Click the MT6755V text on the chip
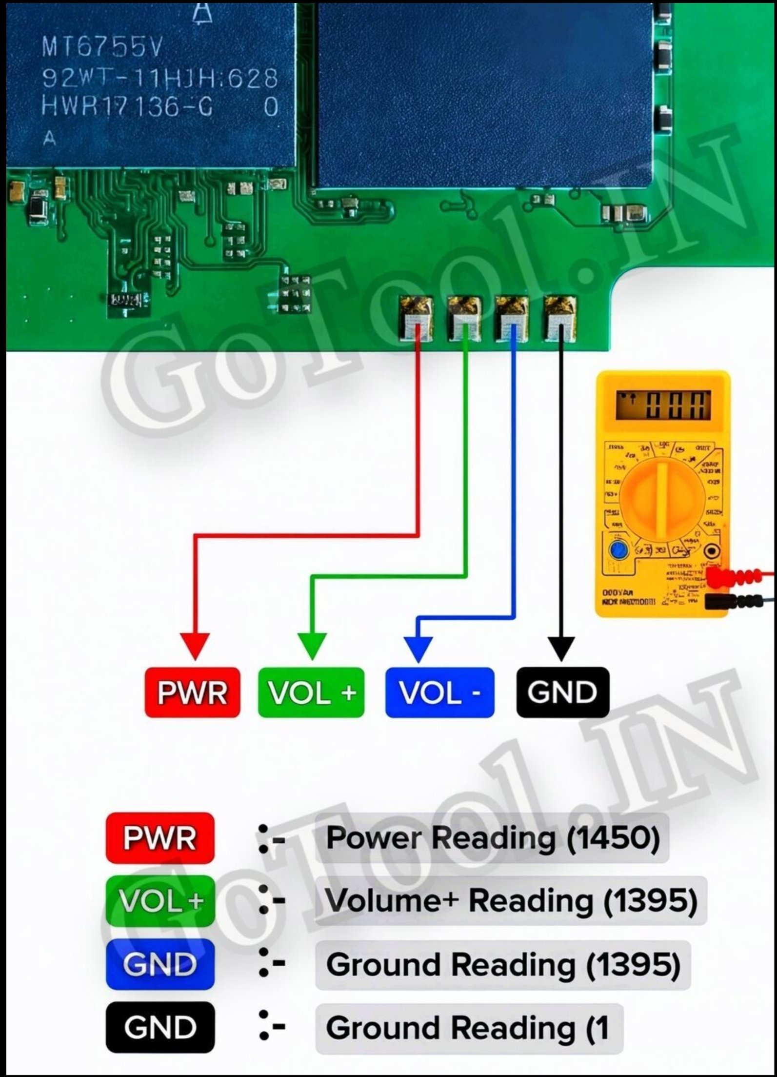pos(101,48)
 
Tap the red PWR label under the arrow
pos(193,692)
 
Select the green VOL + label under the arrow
pos(311,692)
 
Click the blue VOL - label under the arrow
pos(439,692)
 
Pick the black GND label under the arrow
pos(562,692)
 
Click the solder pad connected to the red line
pos(416,319)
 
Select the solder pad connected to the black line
pos(560,319)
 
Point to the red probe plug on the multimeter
pos(732,578)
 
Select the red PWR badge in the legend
pos(160,838)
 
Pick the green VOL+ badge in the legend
pos(160,901)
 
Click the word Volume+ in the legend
pos(391,900)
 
